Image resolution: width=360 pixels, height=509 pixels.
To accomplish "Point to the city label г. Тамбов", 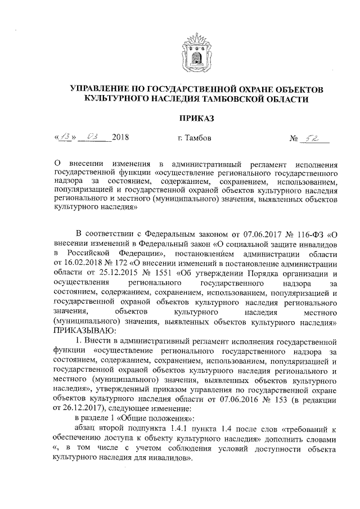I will coord(194,138).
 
